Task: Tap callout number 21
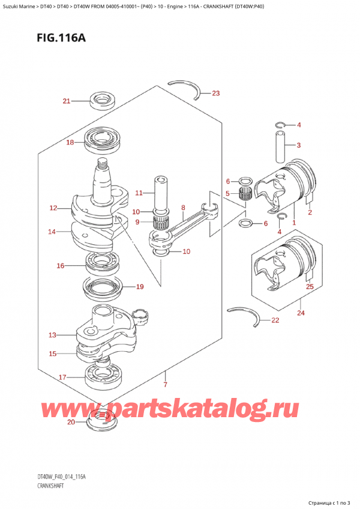click(66, 100)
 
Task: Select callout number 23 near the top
click(216, 93)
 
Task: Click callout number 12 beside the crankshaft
click(53, 208)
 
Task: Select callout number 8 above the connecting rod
click(182, 208)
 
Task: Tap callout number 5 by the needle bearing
click(227, 193)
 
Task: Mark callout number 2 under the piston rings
click(310, 212)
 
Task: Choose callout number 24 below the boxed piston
click(300, 313)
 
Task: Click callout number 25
click(310, 287)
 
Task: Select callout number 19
click(139, 287)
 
